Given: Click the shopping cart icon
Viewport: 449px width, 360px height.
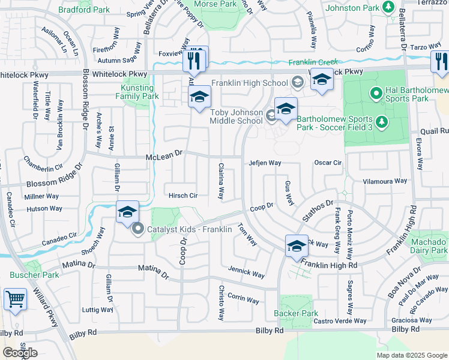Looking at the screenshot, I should click(14, 298).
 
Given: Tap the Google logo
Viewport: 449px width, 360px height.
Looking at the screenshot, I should click(20, 352).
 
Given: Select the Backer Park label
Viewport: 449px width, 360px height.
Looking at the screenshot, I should click(295, 313).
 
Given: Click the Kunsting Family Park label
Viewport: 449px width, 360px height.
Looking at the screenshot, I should click(136, 92).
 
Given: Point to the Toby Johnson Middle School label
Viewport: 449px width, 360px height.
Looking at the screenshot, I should click(236, 116).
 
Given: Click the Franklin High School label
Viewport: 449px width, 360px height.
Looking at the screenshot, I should click(250, 83).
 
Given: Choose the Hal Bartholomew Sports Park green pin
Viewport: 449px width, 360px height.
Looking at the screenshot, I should click(376, 93).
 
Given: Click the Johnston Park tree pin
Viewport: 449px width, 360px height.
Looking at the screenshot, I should click(388, 7).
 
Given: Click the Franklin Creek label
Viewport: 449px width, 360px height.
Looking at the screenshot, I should click(313, 62).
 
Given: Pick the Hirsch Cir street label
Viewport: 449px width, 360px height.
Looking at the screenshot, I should click(183, 196).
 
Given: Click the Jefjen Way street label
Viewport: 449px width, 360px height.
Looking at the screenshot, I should click(265, 163).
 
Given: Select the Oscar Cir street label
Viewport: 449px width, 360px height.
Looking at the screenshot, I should click(328, 163).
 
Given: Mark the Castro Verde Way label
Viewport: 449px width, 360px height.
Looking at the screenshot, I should click(340, 321).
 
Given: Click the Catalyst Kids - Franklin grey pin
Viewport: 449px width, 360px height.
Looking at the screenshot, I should click(138, 229).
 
